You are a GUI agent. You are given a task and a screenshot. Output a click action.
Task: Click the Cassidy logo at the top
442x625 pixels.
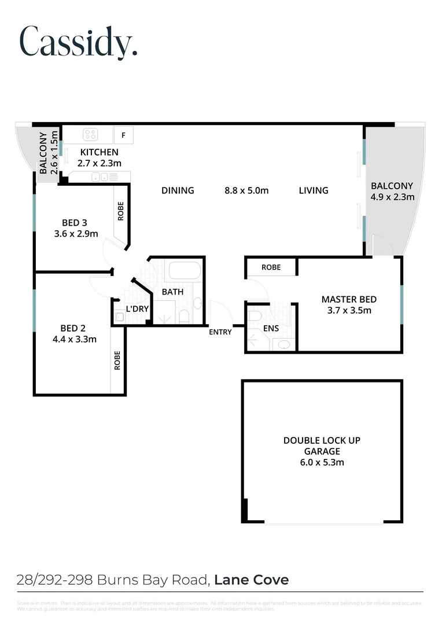click(x=79, y=41)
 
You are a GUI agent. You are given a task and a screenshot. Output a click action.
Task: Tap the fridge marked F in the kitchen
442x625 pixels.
click(x=123, y=136)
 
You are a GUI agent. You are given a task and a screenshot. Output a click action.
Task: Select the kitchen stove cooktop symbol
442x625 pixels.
click(x=90, y=135)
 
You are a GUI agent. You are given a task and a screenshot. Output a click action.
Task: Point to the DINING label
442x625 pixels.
click(x=178, y=190)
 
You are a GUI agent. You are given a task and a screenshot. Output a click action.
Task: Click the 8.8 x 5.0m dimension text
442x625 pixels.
click(x=246, y=190)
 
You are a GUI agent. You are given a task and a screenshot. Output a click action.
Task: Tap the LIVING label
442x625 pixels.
click(x=314, y=190)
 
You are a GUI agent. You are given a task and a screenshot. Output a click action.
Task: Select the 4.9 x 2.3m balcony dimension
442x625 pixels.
click(x=392, y=197)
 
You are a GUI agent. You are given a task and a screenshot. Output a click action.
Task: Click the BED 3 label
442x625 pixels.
click(x=74, y=223)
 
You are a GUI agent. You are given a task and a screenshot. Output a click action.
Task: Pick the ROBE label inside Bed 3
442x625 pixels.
click(x=121, y=212)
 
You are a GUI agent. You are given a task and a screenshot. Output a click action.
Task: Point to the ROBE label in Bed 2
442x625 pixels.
click(x=117, y=361)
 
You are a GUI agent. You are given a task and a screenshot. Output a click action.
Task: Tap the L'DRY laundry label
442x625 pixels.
click(x=137, y=309)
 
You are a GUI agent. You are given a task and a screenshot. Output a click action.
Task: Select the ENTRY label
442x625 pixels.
click(x=220, y=332)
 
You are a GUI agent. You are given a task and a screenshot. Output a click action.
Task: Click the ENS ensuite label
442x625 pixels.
click(x=271, y=328)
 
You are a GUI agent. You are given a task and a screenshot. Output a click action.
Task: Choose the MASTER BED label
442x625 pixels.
click(x=349, y=299)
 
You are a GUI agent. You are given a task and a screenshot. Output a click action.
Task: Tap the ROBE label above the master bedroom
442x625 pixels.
click(x=271, y=267)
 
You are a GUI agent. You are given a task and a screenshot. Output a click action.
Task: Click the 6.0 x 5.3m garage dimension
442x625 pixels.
click(x=322, y=462)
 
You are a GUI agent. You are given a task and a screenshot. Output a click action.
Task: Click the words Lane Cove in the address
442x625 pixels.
click(x=252, y=579)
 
